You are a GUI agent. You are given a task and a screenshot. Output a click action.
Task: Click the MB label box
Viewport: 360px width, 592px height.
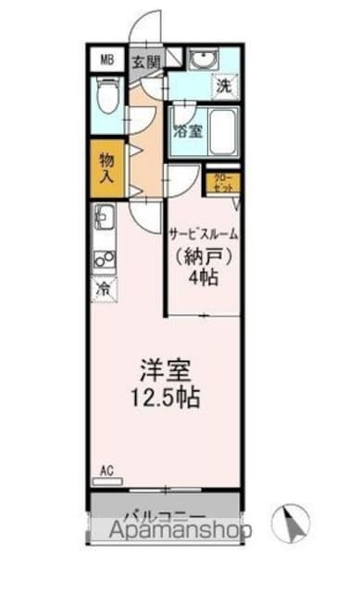click(x=106, y=61)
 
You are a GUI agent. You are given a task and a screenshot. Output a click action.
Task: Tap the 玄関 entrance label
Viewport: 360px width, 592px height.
click(x=145, y=62)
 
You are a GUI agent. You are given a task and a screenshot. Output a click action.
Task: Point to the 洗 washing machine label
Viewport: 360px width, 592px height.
click(x=223, y=88)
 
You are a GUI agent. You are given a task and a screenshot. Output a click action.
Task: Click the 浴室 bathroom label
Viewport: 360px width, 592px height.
click(x=188, y=130)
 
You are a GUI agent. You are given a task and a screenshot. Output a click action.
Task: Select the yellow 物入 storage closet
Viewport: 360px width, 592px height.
click(x=106, y=166)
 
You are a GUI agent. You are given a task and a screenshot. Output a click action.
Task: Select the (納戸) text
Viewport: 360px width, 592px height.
click(x=203, y=255)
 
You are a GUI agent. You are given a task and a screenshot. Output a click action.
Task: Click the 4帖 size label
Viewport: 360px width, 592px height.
click(x=204, y=278)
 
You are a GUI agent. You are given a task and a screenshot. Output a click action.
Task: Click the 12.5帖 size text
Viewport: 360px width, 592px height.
click(x=167, y=401)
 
